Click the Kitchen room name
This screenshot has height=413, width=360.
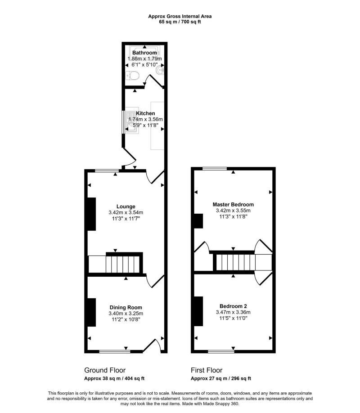145,113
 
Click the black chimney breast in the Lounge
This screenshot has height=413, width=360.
91,214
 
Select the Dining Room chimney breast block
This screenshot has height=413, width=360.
91,312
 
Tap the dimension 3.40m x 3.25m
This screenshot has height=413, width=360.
126,314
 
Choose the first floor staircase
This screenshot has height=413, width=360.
234,262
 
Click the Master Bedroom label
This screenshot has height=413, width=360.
233,204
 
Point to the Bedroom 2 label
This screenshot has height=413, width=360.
233,306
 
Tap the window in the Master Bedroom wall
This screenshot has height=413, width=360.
214,169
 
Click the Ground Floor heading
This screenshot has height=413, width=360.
104,370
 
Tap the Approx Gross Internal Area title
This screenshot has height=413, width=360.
180,16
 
